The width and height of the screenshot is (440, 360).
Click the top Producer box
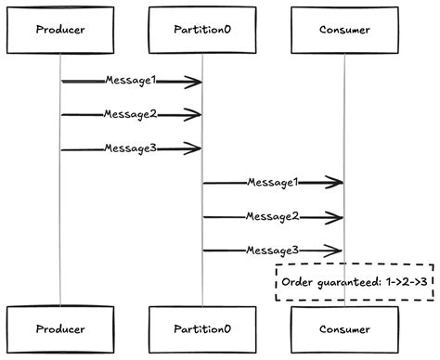[59, 29]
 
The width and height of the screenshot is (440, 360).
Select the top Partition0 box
[202, 29]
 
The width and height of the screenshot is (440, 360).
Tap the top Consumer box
[344, 29]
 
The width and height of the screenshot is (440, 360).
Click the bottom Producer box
[59, 328]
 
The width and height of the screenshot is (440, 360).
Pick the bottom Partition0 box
[202, 328]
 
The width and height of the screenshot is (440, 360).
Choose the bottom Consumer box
[344, 328]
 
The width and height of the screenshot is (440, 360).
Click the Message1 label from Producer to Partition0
[130, 82]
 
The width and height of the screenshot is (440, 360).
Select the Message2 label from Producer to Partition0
[130, 115]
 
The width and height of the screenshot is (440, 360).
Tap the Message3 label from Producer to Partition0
[130, 148]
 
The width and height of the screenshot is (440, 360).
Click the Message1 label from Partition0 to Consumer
[272, 183]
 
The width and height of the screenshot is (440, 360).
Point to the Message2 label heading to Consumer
[272, 216]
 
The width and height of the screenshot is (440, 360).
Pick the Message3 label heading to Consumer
[272, 251]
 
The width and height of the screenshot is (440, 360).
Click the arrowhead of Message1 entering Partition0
[194, 83]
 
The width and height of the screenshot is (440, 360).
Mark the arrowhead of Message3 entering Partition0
[194, 148]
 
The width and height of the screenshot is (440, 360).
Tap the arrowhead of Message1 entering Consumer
[336, 183]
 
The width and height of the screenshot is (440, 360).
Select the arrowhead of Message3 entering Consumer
[336, 251]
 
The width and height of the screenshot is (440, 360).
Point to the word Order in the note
[300, 282]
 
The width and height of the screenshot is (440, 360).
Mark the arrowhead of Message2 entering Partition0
[194, 115]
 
